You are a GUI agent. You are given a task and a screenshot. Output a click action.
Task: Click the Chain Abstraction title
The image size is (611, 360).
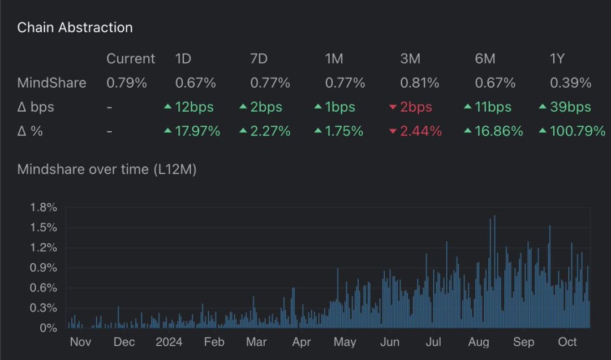[x=75, y=27]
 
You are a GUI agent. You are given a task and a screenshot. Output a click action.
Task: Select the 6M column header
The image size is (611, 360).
[x=485, y=58]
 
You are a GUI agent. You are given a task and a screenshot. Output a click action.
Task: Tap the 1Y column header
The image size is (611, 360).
[x=557, y=58]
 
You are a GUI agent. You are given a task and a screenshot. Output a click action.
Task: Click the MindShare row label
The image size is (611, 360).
[x=51, y=83]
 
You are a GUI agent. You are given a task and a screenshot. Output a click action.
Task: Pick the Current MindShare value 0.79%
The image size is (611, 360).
[x=126, y=83]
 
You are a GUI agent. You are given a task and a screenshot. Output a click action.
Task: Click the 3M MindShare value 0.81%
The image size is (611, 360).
[x=419, y=83]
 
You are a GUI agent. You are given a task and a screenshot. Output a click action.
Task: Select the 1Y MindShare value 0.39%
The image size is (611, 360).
[x=570, y=83]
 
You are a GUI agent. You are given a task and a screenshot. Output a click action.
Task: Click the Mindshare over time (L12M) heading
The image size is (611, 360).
[x=107, y=169]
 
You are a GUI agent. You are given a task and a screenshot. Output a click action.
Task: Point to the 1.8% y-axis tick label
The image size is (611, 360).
[x=44, y=208]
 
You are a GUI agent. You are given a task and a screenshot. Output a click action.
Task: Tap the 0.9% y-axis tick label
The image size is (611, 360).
[x=44, y=268]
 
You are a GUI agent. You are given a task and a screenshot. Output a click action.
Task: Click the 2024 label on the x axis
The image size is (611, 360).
[x=169, y=342]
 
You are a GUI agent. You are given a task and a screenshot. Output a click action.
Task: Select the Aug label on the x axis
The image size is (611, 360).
[x=479, y=342]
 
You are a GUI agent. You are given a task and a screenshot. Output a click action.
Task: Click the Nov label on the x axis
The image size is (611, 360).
[x=80, y=342]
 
